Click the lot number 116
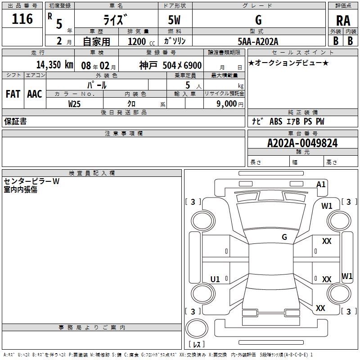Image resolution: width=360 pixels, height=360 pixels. point(23,19)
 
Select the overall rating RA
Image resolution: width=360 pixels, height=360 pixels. point(343,21)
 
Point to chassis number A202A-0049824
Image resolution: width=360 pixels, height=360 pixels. point(302,143)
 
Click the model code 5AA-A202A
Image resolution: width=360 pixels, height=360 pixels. point(258,41)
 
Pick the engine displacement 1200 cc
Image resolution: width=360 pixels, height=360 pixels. point(139,41)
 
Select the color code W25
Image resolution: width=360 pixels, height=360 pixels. point(75,103)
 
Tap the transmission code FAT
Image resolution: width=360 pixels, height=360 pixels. point(13,94)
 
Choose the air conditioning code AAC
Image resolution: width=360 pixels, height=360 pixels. point(34,94)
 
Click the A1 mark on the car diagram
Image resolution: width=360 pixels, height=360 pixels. point(321,184)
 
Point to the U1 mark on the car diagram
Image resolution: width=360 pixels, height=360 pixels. point(215,279)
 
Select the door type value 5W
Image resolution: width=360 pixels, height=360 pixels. point(175,20)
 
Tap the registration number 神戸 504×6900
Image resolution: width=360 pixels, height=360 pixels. point(170,65)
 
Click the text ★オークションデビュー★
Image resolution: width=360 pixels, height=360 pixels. point(288,63)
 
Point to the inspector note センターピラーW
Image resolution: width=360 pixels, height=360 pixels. point(31,181)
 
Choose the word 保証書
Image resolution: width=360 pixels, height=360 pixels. point(15,121)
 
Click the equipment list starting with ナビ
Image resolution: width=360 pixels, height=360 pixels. point(288,121)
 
